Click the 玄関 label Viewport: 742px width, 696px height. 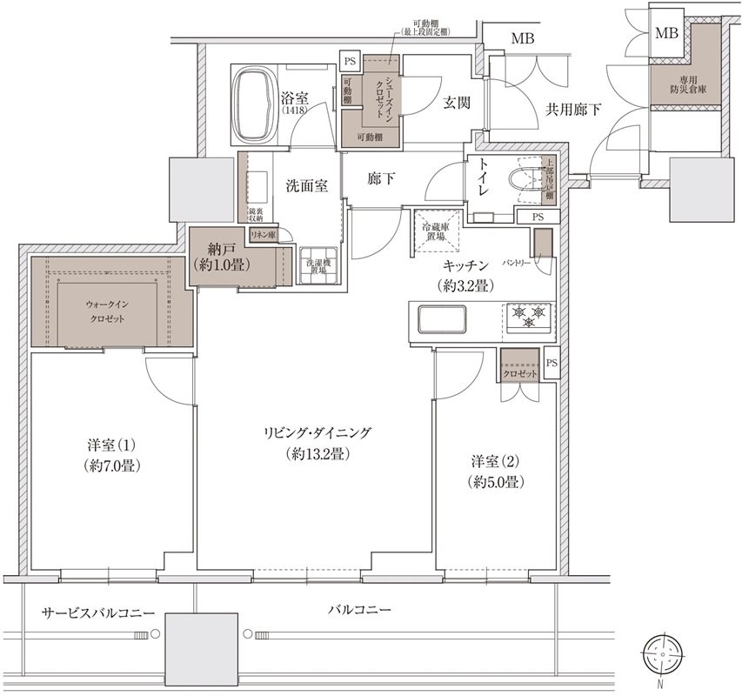coord(456,103)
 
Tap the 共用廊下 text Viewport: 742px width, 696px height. coord(574,110)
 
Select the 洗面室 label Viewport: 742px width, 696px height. coord(307,185)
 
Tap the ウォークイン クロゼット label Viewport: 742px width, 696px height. coord(110,312)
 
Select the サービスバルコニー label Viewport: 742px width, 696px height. coord(99,613)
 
